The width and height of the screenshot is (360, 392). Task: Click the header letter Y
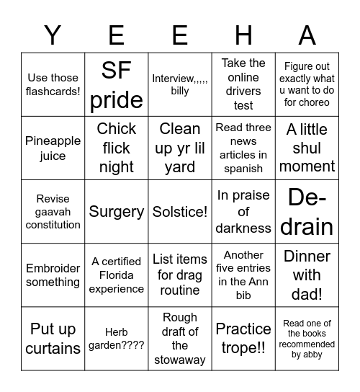[x=53, y=35]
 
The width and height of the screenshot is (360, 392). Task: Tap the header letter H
[x=243, y=35]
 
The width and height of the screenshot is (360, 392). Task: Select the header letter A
[x=307, y=35]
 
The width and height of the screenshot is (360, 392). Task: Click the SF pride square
[x=116, y=84]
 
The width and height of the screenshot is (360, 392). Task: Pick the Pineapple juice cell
[x=53, y=148]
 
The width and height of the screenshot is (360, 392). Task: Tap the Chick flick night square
[x=116, y=148]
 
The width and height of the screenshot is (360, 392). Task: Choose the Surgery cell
[x=116, y=212]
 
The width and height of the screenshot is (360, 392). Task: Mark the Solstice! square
[x=180, y=212]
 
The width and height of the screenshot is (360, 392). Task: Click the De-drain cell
[x=307, y=212]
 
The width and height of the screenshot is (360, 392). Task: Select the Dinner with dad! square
[x=307, y=275]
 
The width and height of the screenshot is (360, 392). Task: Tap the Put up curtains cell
[x=53, y=339]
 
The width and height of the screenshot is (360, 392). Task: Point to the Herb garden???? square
[x=116, y=339]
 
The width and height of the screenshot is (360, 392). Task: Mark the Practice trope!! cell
[x=243, y=339]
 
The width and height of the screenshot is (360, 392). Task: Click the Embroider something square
[x=53, y=275]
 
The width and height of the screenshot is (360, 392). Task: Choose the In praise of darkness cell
[x=243, y=212]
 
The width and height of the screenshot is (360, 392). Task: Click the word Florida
[x=117, y=275]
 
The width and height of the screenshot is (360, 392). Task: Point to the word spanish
[x=243, y=169]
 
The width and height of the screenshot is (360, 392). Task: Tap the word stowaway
[x=180, y=360]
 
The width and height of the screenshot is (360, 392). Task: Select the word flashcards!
[x=53, y=92]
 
